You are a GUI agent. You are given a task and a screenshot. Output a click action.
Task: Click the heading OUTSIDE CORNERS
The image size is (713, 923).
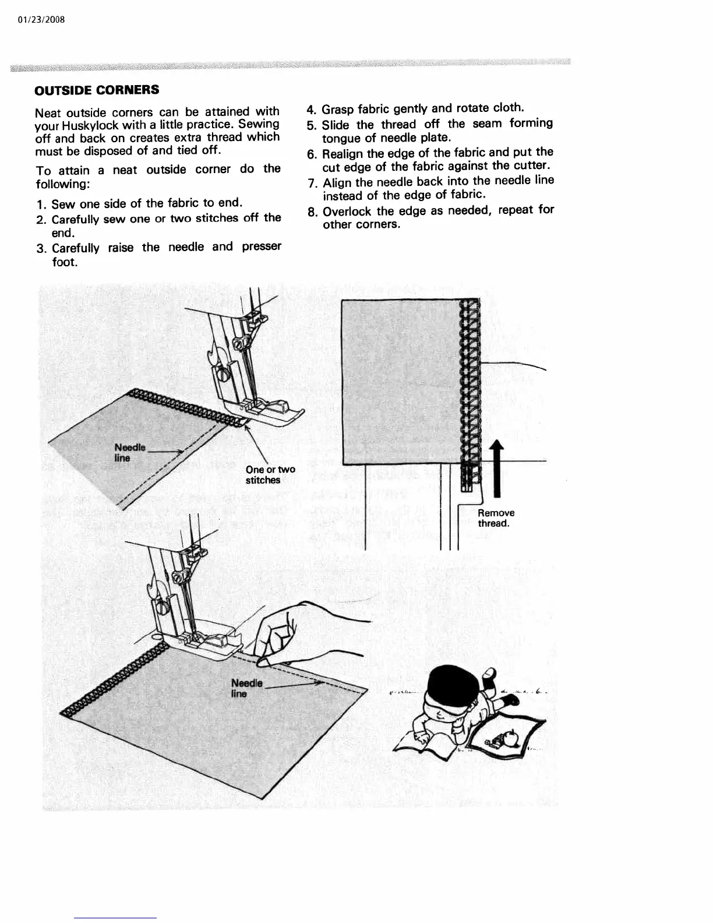(x=97, y=90)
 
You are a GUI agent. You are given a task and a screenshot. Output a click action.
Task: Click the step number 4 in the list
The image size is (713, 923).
(x=311, y=110)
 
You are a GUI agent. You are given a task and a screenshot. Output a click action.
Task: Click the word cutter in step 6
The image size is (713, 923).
(x=530, y=166)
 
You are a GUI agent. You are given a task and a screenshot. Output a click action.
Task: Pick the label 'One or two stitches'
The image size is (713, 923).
(x=270, y=475)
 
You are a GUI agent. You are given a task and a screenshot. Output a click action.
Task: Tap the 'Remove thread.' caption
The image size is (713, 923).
(x=496, y=518)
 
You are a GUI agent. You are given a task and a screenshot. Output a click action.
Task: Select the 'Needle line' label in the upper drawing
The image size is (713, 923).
(x=129, y=452)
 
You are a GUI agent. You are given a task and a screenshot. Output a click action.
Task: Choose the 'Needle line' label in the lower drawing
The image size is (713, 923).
(x=246, y=688)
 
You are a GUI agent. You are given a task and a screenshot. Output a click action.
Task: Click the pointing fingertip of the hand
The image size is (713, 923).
(x=263, y=661)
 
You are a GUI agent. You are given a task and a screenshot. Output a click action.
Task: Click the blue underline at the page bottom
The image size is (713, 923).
(x=115, y=918)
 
